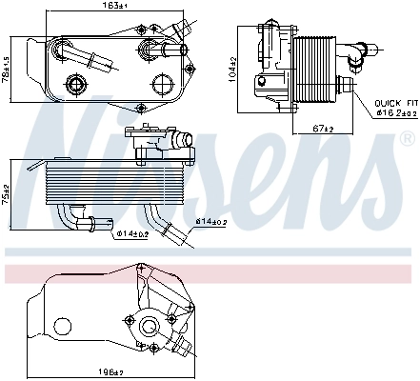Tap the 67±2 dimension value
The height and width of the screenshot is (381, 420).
coord(323,128)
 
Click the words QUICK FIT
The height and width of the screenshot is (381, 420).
coord(393,102)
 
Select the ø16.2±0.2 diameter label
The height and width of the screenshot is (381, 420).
coord(393,111)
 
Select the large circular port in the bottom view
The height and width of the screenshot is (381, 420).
coord(148,329)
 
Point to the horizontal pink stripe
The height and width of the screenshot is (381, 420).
coord(210,273)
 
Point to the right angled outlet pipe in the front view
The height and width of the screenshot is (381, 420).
coord(170,230)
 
